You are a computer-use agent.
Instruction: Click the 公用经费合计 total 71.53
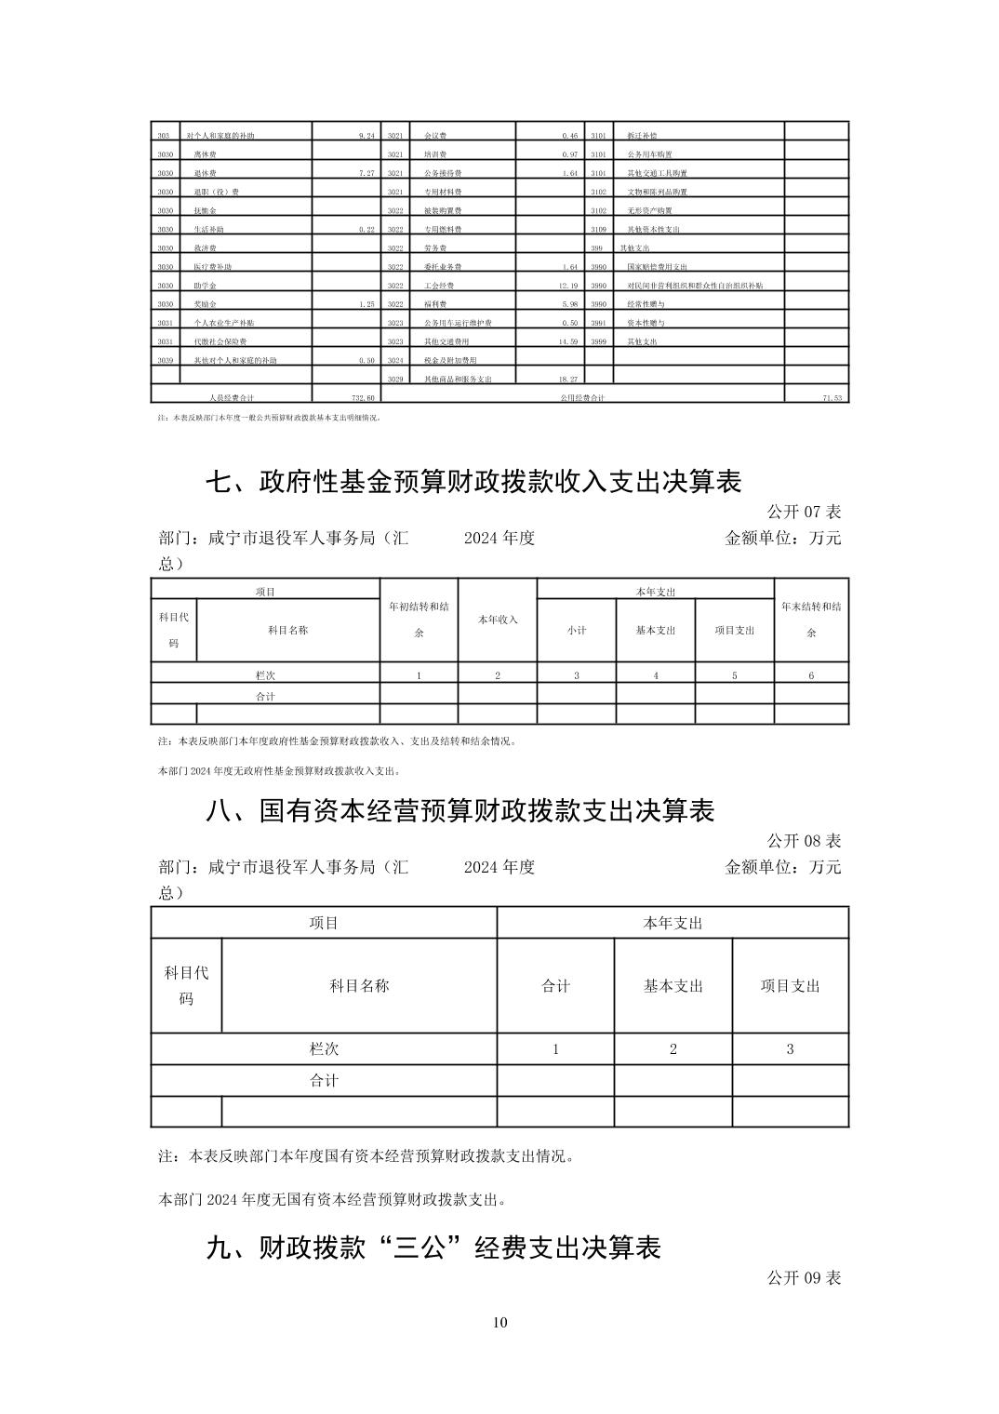point(832,397)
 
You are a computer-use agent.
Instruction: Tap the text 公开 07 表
point(804,512)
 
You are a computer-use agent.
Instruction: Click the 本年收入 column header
point(498,620)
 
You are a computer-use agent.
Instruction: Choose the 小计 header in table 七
point(577,630)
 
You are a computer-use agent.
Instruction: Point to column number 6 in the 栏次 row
point(811,675)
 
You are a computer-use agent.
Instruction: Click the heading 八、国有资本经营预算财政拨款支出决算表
point(460,810)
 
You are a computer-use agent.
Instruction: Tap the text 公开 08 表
point(804,840)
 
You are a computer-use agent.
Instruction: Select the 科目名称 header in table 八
point(359,985)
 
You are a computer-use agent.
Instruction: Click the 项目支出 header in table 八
point(790,985)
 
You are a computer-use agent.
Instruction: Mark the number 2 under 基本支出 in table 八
point(673,1048)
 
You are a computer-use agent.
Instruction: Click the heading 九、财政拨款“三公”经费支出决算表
point(433,1247)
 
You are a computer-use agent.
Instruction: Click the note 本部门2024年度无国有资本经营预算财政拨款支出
point(333,1199)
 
